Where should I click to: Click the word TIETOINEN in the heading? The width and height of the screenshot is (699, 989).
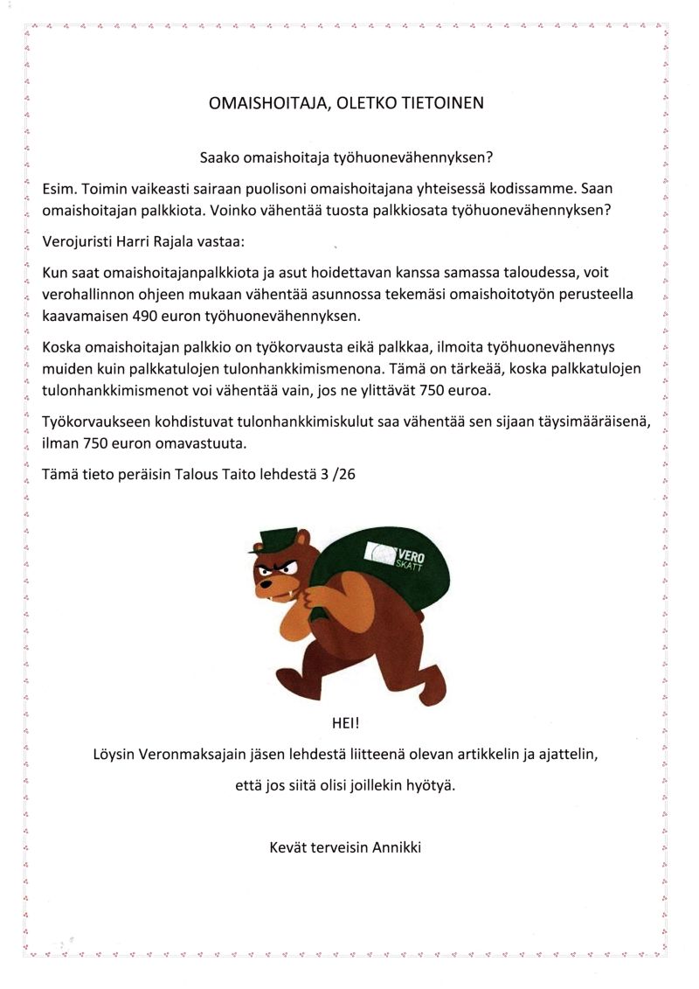pyautogui.click(x=437, y=102)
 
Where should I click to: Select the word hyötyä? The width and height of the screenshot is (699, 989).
pyautogui.click(x=433, y=784)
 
